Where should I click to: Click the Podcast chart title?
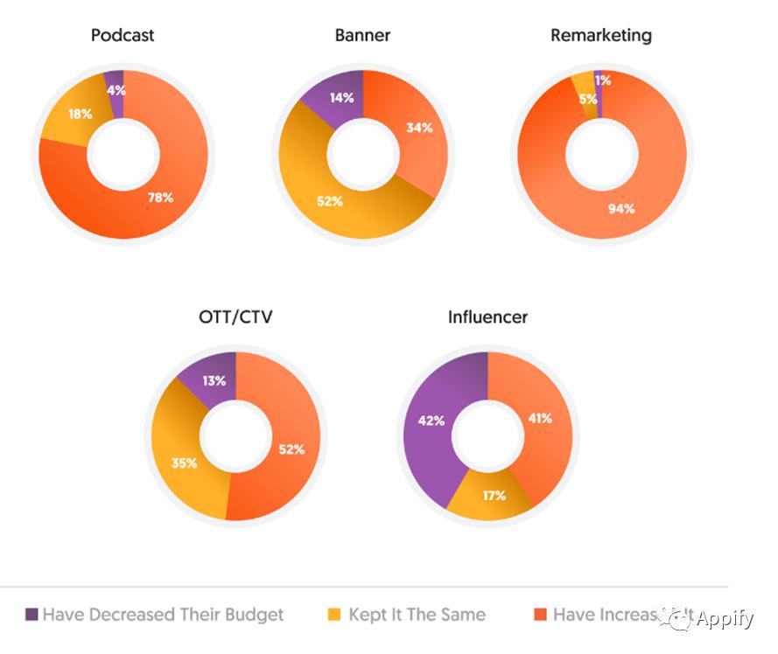click(123, 36)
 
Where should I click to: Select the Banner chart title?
click(362, 36)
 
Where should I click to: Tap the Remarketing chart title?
click(600, 36)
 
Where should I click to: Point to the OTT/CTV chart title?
click(235, 317)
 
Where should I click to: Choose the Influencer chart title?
click(487, 317)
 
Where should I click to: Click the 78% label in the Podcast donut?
click(160, 198)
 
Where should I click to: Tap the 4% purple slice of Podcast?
click(115, 87)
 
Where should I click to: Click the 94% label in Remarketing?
click(621, 208)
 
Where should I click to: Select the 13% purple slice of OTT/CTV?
click(213, 380)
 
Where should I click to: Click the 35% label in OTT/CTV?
click(184, 463)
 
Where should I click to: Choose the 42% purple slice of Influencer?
click(431, 421)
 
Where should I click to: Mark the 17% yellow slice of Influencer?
click(493, 496)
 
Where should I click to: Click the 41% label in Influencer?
click(539, 419)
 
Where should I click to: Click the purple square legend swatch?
click(32, 615)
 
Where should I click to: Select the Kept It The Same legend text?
click(417, 615)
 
